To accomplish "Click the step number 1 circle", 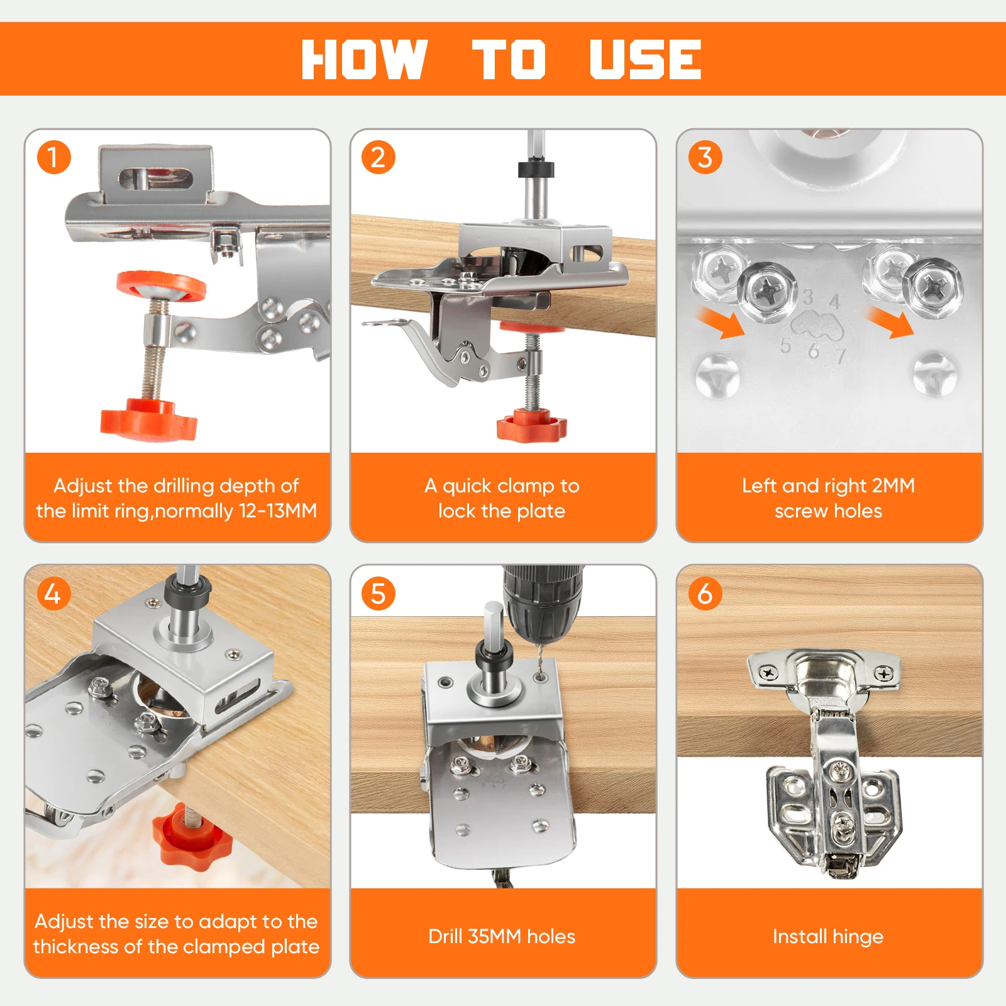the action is coord(53,157).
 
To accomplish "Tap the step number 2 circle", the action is coord(379,157).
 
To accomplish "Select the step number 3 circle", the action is coord(705,157).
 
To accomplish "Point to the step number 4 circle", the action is coord(53,593).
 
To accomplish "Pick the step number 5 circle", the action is coord(379,593).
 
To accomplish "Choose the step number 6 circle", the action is coord(705,593).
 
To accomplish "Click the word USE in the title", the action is coord(645,59).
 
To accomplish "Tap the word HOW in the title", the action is coord(365,59).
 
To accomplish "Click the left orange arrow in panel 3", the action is coord(721,323).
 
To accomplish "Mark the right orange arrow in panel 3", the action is coord(890,323).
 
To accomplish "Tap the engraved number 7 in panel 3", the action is coord(841,357).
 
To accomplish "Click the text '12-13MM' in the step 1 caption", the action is coord(278,511).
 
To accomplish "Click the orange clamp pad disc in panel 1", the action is coord(162,287).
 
